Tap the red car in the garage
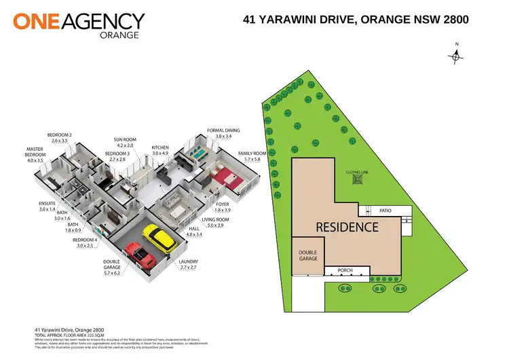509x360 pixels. (140, 256)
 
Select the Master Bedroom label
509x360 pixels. (35, 155)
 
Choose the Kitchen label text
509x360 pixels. (160, 150)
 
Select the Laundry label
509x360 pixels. (189, 265)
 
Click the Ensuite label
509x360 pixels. (47, 206)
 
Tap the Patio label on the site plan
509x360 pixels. (385, 211)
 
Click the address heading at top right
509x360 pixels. (356, 20)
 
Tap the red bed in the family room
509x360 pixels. (225, 179)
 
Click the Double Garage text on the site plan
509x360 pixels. (307, 255)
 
